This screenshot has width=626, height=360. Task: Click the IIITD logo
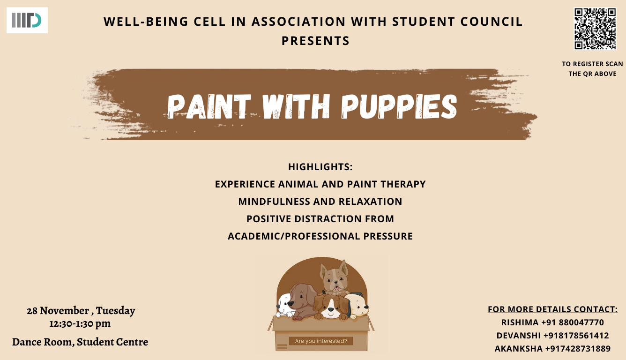27,20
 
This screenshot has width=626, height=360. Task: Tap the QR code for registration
595,29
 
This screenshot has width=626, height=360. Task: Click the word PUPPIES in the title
399,106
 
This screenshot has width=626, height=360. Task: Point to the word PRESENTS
315,41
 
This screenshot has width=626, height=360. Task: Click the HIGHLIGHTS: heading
320,167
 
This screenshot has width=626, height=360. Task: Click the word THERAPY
403,184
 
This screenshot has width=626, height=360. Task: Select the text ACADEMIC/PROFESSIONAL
294,236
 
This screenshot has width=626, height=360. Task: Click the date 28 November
58,310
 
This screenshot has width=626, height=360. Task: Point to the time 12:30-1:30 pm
80,323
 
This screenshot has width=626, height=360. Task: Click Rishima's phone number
572,322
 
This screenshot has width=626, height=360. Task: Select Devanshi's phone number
576,336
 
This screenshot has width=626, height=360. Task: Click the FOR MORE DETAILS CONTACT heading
553,309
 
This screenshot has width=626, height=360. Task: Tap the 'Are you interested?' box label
321,341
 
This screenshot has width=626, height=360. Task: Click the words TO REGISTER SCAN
592,64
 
